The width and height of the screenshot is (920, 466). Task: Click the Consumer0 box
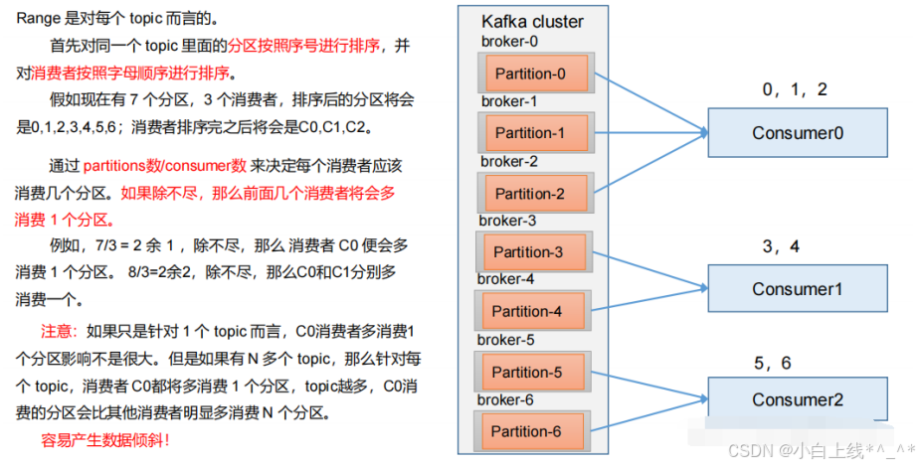point(797,132)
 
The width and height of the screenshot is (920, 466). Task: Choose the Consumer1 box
point(797,289)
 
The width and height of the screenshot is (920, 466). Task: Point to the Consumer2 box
point(797,399)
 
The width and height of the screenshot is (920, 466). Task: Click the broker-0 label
point(509,41)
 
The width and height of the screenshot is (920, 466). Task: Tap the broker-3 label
point(507,221)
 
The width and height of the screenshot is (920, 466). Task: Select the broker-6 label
point(507,399)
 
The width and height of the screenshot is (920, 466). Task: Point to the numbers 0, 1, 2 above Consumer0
point(795,89)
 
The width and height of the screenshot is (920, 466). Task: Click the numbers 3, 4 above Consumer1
point(781,246)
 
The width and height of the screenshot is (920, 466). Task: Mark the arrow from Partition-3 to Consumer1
point(646,269)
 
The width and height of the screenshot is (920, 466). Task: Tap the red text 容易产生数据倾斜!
point(105,438)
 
